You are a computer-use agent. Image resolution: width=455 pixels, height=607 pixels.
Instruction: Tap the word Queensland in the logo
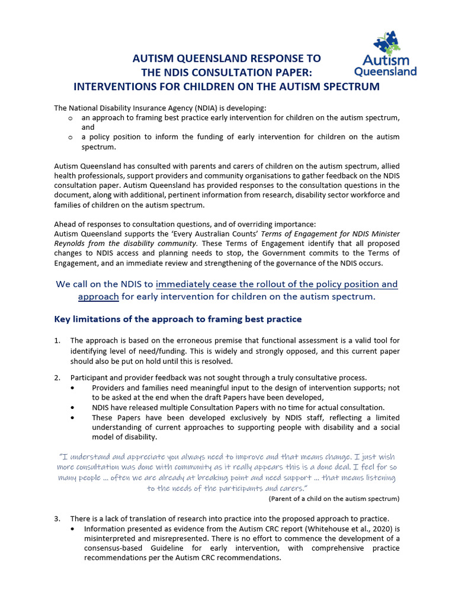click(385, 72)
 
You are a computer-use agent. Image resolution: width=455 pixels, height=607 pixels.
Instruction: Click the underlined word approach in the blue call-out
click(98, 296)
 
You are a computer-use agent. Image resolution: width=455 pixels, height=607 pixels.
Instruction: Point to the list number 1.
click(57, 340)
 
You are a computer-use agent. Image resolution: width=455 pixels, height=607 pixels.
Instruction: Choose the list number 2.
click(57, 378)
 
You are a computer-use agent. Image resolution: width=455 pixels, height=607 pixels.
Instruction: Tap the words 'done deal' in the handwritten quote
click(367, 467)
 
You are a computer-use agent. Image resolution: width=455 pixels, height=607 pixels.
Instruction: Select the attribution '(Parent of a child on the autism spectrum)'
click(334, 499)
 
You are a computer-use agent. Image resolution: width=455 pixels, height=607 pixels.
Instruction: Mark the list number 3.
click(57, 519)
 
